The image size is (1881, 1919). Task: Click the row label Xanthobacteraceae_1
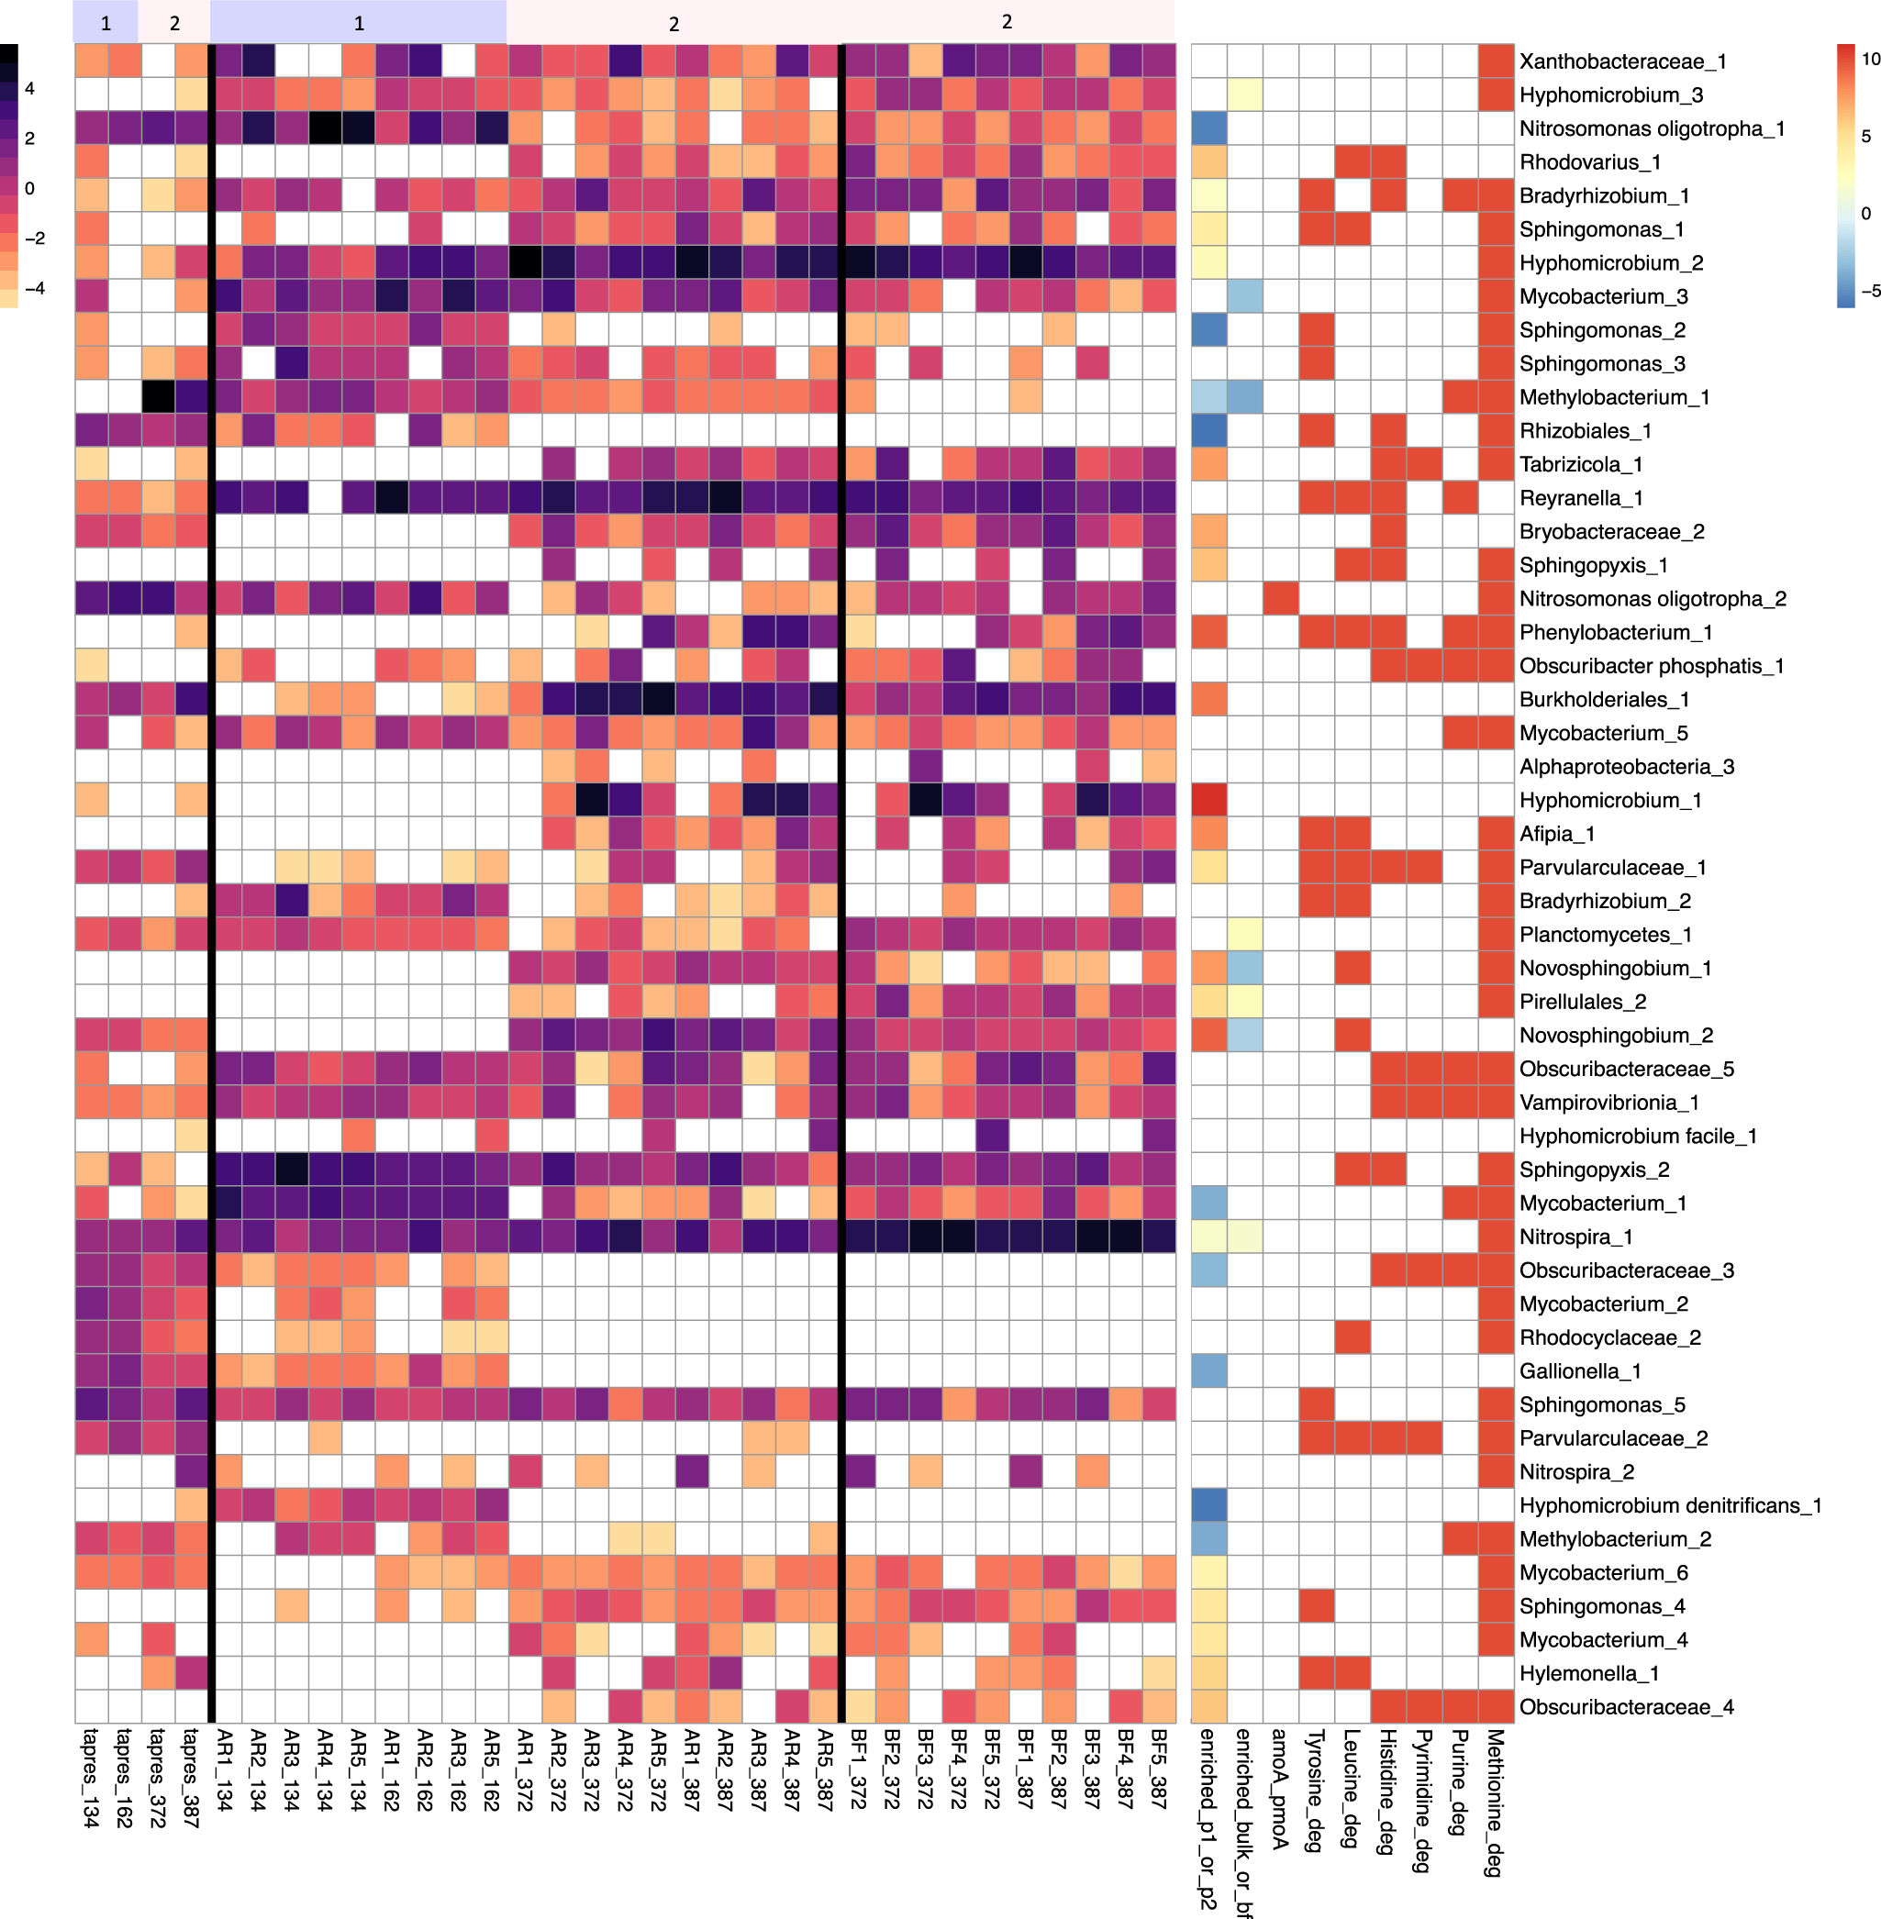pos(1622,61)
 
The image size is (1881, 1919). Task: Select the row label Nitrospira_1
pos(1575,1237)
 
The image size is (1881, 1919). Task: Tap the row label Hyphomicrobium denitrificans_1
pos(1670,1505)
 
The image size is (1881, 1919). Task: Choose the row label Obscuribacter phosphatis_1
pos(1651,666)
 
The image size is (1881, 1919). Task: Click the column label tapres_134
pos(91,1778)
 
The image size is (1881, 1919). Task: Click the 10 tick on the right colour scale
pos(1870,60)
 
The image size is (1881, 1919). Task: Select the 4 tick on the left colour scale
pos(29,89)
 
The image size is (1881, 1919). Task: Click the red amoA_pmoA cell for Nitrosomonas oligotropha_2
pos(1280,598)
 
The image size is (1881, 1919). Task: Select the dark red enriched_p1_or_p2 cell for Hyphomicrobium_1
pos(1208,800)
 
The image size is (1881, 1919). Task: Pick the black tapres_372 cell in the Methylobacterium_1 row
pos(158,397)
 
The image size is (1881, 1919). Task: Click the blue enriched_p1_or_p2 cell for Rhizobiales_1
pos(1208,430)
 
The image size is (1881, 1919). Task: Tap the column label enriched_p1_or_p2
pos(1208,1817)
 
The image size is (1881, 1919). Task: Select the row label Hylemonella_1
pos(1588,1673)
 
